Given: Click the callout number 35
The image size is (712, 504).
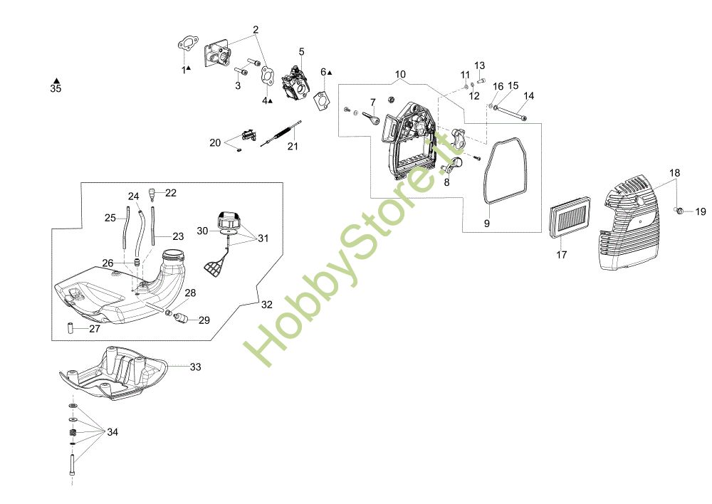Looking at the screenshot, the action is (56, 89).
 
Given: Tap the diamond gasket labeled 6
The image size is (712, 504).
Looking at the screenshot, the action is (324, 99).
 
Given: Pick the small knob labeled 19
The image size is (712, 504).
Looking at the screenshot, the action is (681, 210).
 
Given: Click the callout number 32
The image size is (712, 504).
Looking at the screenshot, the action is (266, 305).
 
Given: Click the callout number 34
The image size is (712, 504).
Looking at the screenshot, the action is (112, 432).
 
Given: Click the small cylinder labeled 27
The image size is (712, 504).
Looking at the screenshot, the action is (72, 328).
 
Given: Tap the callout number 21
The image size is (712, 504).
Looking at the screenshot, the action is (293, 147).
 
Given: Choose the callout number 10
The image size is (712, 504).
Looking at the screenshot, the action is (400, 74).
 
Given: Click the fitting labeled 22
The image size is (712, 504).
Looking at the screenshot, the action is (152, 194).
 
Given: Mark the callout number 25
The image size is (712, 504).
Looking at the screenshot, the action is (110, 218).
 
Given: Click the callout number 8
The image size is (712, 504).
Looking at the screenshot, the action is (446, 182).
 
